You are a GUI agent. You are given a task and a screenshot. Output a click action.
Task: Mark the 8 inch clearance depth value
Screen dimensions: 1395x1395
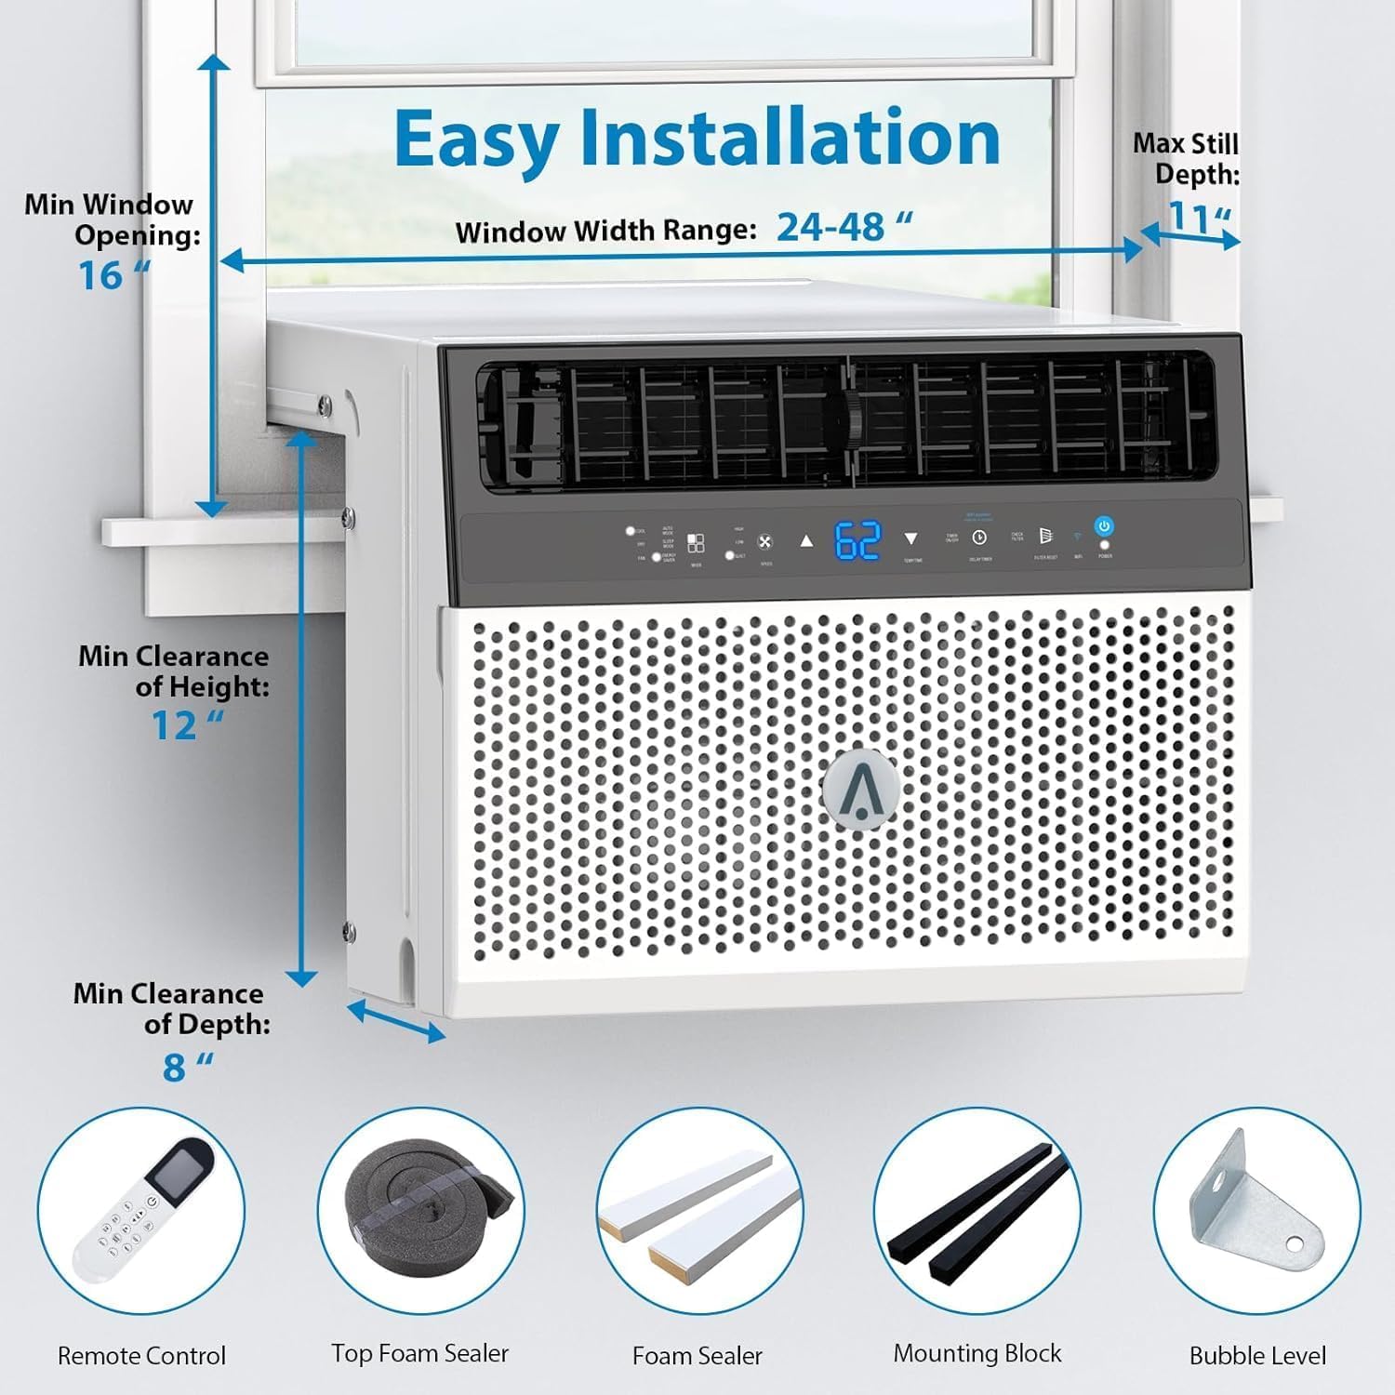pyautogui.click(x=184, y=1068)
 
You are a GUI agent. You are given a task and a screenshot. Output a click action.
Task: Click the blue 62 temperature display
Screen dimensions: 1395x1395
pyautogui.click(x=857, y=540)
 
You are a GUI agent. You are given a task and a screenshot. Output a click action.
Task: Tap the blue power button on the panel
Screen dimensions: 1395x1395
pyautogui.click(x=1103, y=526)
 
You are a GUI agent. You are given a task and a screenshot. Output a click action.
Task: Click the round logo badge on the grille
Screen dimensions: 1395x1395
pyautogui.click(x=861, y=786)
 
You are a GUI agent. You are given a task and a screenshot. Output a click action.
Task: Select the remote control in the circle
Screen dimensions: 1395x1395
pyautogui.click(x=141, y=1210)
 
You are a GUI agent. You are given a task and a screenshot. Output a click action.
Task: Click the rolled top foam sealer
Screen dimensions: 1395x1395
pyautogui.click(x=419, y=1205)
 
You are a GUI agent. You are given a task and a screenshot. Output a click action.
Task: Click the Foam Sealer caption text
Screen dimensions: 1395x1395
pyautogui.click(x=697, y=1356)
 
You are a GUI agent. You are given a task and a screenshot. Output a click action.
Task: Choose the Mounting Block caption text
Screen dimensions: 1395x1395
pyautogui.click(x=976, y=1353)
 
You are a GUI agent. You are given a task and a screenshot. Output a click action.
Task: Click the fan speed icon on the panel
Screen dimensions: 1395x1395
pyautogui.click(x=764, y=542)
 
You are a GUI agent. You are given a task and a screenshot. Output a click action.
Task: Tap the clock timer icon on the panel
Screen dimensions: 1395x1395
pyautogui.click(x=979, y=538)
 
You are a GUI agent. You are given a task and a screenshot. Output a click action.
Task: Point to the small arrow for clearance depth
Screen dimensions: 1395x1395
pyautogui.click(x=396, y=1020)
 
